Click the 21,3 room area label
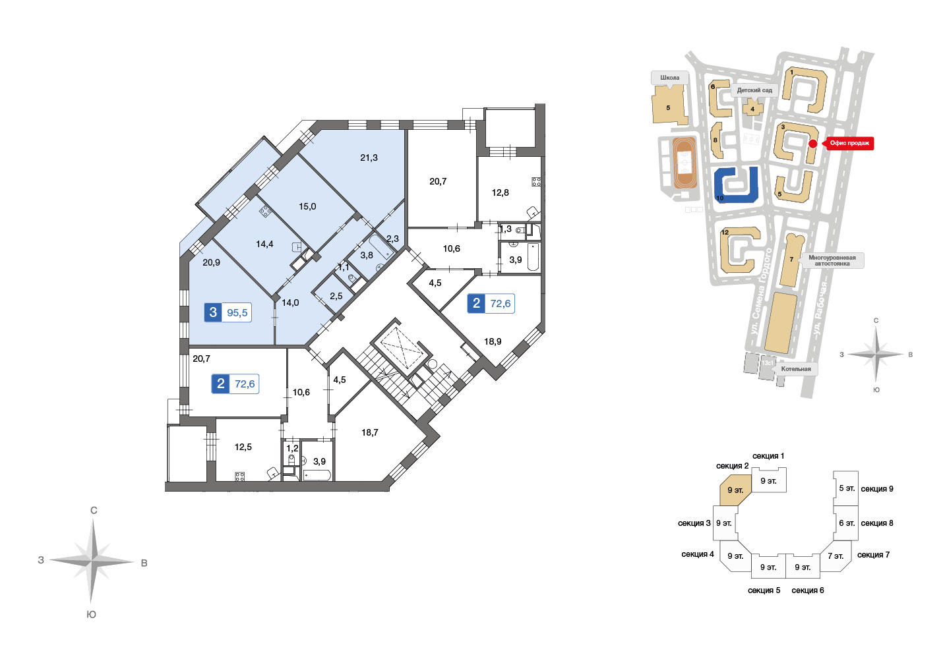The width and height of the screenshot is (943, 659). (369, 158)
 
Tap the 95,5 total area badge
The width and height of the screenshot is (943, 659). (228, 312)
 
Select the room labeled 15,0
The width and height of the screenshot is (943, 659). (307, 207)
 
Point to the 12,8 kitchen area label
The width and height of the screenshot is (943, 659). (500, 192)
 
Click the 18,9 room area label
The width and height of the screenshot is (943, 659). (493, 341)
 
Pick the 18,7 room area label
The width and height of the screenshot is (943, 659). (370, 432)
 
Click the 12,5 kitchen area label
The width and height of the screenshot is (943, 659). (243, 447)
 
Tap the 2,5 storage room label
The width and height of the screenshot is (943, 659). (336, 297)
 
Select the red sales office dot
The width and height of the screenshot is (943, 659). (813, 144)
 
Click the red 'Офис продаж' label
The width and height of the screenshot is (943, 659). (849, 143)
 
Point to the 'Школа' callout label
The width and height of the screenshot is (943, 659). (670, 77)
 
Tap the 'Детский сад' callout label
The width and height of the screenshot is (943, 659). (754, 90)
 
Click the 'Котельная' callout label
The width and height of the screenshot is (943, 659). (796, 368)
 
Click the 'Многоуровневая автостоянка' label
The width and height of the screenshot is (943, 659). (832, 260)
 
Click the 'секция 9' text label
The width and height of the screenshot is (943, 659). (877, 488)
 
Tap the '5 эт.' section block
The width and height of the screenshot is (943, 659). (846, 488)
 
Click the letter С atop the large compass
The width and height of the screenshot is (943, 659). (94, 511)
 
